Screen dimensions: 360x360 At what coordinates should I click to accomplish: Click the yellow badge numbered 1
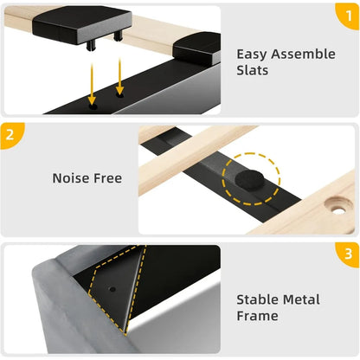click(349, 16)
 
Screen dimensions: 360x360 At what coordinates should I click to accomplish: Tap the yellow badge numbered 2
click(11, 135)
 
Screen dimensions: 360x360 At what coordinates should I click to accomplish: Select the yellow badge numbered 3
click(348, 254)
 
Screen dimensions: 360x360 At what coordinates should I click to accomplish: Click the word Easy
click(252, 55)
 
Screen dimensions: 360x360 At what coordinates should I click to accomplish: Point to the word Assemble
click(303, 54)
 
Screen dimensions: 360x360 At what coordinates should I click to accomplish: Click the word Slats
click(253, 70)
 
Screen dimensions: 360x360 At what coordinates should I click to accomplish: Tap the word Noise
click(71, 178)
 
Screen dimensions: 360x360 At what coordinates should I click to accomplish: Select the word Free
click(107, 178)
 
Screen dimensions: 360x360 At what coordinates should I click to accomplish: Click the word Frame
click(257, 316)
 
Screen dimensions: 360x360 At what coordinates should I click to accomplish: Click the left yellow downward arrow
click(92, 84)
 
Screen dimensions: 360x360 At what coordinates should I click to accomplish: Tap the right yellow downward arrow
click(119, 76)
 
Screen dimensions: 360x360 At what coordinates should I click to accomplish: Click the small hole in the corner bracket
click(112, 289)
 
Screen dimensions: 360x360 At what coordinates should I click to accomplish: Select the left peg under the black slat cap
click(91, 46)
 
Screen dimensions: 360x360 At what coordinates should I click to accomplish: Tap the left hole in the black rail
click(93, 107)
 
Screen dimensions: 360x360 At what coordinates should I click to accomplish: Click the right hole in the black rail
click(119, 94)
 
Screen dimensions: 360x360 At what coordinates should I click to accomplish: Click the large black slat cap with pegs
click(82, 27)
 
